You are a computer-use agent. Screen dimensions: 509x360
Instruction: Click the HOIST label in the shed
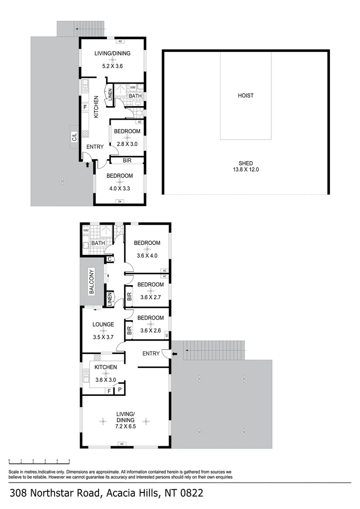(245, 96)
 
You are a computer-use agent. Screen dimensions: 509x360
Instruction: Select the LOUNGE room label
(103, 324)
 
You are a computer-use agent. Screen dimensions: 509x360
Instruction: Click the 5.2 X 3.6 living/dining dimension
(113, 66)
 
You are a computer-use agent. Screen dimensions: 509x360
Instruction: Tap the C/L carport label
(74, 138)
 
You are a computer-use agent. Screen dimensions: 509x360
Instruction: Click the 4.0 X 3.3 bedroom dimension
(119, 188)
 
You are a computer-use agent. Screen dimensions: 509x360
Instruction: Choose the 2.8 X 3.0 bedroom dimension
(127, 144)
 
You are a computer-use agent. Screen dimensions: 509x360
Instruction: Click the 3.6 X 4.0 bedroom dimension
(147, 256)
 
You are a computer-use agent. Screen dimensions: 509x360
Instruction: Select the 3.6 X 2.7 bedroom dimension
(150, 297)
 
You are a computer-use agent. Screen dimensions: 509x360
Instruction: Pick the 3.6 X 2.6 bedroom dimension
(150, 330)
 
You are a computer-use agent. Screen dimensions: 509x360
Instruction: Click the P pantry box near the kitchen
(120, 389)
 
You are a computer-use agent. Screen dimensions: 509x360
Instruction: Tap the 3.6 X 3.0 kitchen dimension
(106, 379)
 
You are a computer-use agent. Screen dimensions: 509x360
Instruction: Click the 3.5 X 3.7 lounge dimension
(103, 337)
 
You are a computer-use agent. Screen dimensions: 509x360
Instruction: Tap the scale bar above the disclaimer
(39, 460)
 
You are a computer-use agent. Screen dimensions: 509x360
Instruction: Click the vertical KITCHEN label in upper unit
(96, 107)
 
